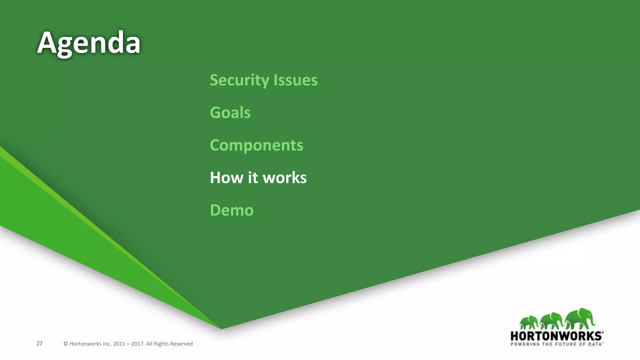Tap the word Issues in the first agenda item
tap(295, 80)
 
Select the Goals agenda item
tap(230, 113)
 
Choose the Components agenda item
tap(256, 145)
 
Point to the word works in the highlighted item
tap(285, 178)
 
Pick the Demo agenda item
tap(232, 210)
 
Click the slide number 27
tap(39, 343)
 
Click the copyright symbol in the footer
tap(66, 344)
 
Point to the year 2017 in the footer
tap(137, 344)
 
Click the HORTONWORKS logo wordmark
tap(557, 336)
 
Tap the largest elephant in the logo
tap(580, 319)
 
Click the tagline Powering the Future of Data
tap(557, 344)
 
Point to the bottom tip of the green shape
tap(222, 328)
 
